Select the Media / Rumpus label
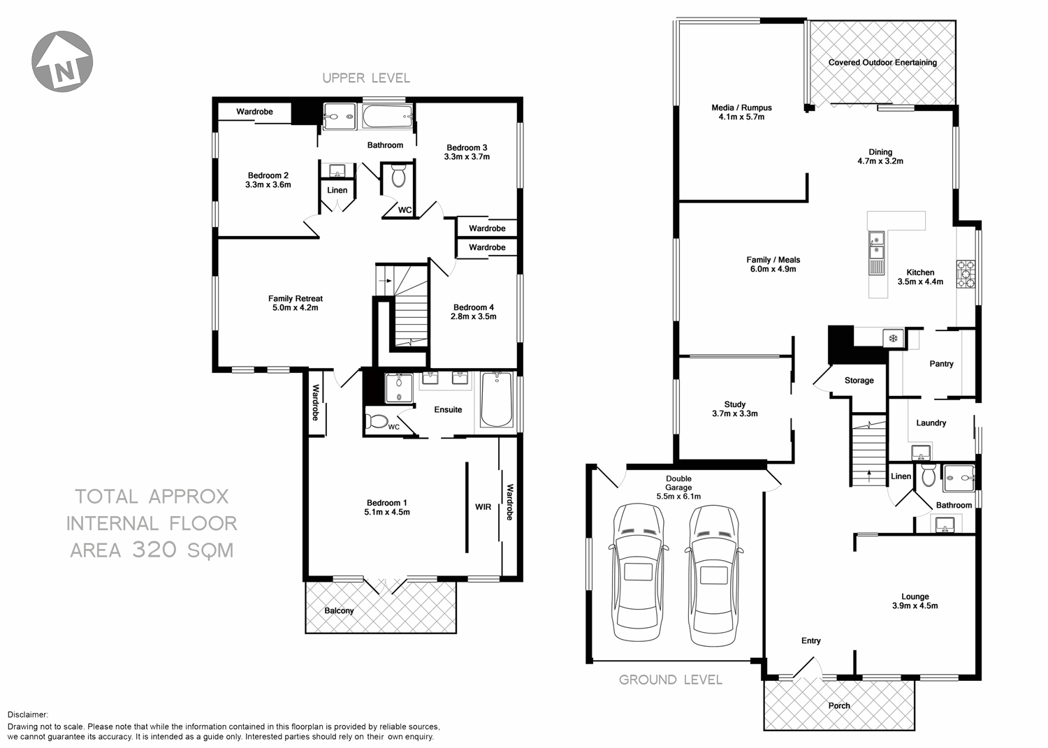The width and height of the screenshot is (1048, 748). click(x=741, y=108)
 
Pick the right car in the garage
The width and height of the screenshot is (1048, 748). click(x=713, y=574)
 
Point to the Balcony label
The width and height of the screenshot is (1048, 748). click(x=339, y=610)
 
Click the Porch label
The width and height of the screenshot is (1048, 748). click(x=839, y=705)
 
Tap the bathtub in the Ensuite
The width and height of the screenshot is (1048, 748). click(x=496, y=400)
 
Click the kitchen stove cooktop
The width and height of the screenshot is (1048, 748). click(x=966, y=274)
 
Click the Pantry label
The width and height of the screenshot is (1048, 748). click(x=941, y=364)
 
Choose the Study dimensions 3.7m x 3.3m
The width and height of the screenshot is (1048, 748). click(x=734, y=413)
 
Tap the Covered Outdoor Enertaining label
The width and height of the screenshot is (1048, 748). click(x=882, y=62)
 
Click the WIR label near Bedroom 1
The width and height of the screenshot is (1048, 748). click(x=483, y=507)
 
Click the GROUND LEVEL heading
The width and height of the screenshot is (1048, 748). click(x=670, y=680)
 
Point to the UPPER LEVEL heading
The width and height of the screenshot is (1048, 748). click(x=365, y=78)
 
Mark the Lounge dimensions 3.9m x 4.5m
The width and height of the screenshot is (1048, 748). click(x=915, y=606)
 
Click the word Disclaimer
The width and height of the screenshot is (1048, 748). click(x=28, y=714)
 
